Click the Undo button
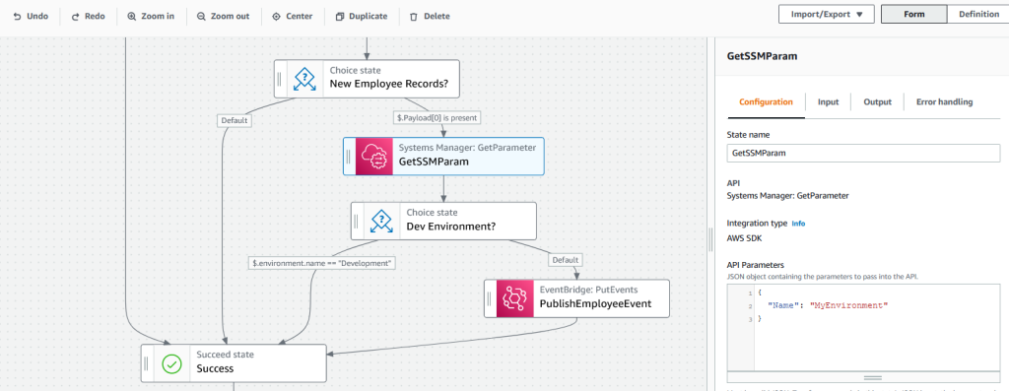click(31, 17)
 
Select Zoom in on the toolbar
click(151, 17)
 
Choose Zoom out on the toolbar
click(222, 17)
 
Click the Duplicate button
click(362, 17)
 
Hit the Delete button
click(430, 17)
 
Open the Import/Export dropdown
click(826, 15)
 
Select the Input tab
click(828, 102)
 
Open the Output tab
click(877, 102)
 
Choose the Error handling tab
click(944, 102)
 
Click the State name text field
click(862, 154)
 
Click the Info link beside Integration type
click(798, 224)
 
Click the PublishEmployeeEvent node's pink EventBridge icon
click(511, 298)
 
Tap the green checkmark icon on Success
click(171, 363)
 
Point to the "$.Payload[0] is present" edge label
click(437, 117)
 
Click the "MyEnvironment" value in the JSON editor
click(848, 305)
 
